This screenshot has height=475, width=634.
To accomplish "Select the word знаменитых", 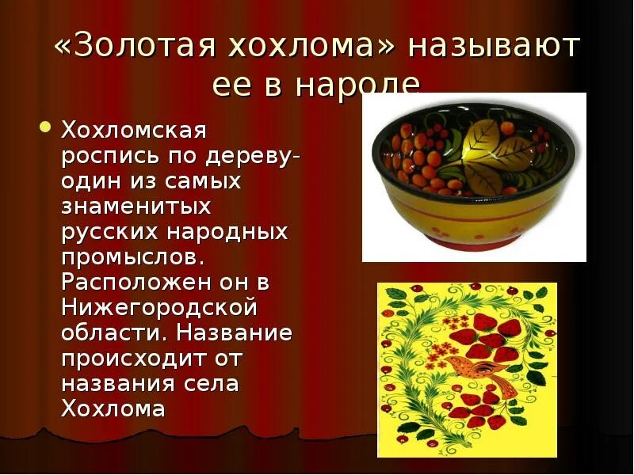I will coord(136,207).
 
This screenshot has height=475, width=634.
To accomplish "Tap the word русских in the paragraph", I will coord(105,233).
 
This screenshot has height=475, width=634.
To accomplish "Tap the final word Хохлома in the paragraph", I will coord(113,409).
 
